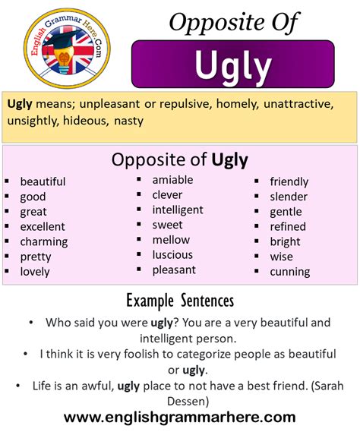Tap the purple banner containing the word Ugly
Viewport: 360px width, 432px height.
click(233, 65)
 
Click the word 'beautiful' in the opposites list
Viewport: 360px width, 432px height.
click(43, 181)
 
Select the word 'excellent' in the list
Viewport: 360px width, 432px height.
click(43, 226)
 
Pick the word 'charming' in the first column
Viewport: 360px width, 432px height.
click(44, 241)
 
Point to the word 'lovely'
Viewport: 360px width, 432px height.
click(35, 271)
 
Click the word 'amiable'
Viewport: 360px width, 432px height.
click(172, 180)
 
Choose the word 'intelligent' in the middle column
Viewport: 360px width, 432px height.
click(178, 210)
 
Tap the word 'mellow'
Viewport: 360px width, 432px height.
click(171, 240)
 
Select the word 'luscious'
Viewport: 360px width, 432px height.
click(172, 254)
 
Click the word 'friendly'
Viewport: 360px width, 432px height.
click(289, 181)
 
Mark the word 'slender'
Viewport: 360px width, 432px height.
click(289, 197)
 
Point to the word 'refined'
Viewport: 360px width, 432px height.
click(288, 226)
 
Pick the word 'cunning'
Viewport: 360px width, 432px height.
click(290, 271)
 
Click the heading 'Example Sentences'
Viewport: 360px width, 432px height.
click(180, 301)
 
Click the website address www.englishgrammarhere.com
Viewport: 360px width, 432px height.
click(180, 417)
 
